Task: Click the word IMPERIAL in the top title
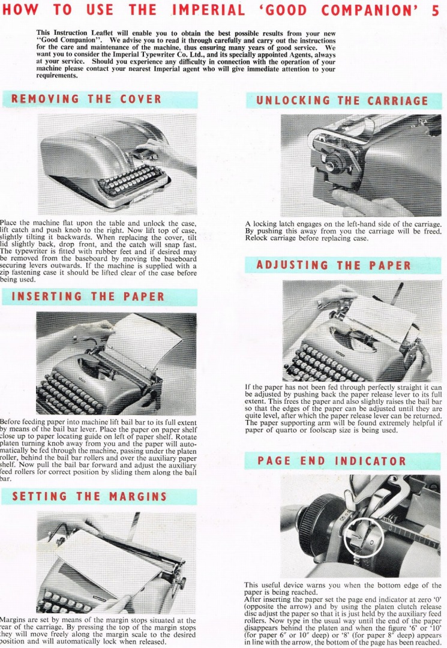click(x=208, y=10)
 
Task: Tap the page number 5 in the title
click(x=436, y=11)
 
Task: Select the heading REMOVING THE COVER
click(x=86, y=99)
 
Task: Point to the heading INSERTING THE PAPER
click(x=88, y=297)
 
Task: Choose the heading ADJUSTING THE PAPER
click(x=334, y=265)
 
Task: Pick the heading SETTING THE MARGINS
click(x=89, y=496)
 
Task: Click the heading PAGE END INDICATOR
click(x=332, y=461)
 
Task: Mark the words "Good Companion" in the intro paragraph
click(x=70, y=40)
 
